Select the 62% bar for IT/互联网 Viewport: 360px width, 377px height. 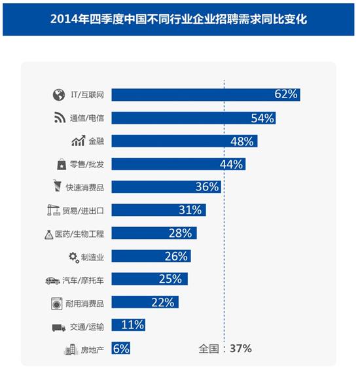206,94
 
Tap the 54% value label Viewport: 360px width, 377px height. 262,118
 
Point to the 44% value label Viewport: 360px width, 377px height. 232,164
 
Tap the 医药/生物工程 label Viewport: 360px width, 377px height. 87,234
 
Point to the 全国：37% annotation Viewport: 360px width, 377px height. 225,349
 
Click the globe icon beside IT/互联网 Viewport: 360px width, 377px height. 58,95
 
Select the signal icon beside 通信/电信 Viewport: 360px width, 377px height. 58,118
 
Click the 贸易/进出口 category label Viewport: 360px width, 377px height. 87,211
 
